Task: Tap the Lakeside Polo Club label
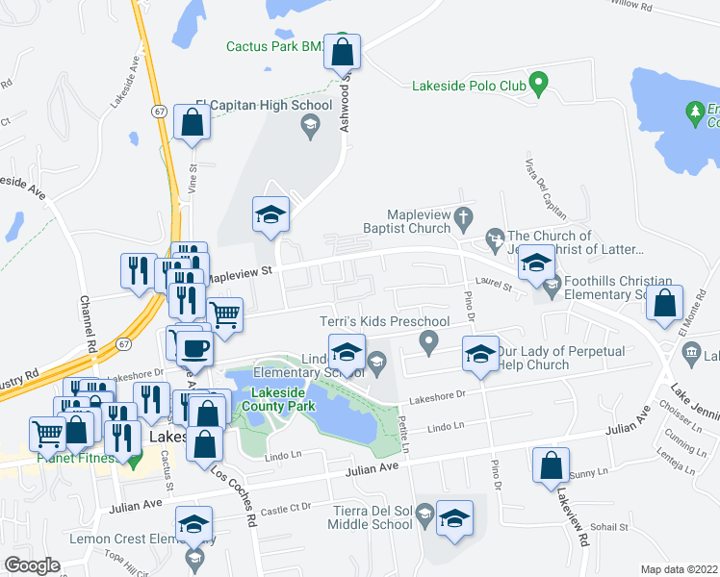(469, 86)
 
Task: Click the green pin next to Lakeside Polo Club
(539, 84)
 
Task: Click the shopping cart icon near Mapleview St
(224, 314)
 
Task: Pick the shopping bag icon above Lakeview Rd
(551, 465)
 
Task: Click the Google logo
(32, 564)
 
